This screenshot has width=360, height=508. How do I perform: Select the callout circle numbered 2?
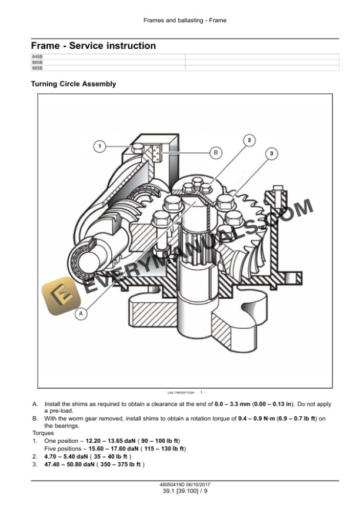[x=249, y=140]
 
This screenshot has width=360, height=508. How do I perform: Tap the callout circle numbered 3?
[x=271, y=153]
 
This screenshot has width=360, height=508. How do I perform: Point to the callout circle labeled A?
[x=81, y=314]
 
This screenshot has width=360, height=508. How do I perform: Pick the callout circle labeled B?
[x=216, y=152]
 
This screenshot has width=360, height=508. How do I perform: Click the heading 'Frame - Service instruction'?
[x=93, y=45]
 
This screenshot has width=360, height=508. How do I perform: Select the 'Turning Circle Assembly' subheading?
[x=73, y=84]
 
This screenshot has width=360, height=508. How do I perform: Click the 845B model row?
[x=37, y=56]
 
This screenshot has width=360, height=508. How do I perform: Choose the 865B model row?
[x=37, y=62]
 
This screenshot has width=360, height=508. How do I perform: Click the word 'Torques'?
[x=42, y=433]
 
